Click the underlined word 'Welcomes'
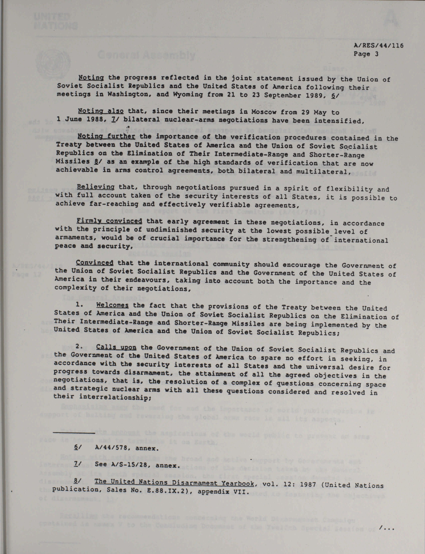(112, 305)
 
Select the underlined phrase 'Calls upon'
(116, 348)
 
